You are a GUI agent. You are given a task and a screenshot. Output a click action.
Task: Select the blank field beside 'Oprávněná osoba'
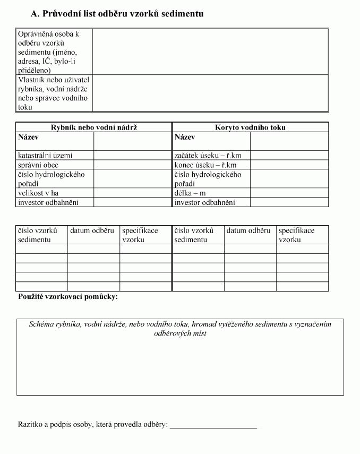(x=210, y=52)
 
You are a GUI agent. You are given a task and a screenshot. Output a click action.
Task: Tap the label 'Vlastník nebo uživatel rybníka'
(x=53, y=93)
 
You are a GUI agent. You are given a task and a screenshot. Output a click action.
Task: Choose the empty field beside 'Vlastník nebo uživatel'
(x=210, y=93)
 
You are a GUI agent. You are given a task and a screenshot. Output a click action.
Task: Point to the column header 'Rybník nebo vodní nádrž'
(x=94, y=127)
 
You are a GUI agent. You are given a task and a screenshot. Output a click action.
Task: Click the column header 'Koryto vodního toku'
(x=250, y=127)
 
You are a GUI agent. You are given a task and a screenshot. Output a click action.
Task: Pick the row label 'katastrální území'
(x=45, y=156)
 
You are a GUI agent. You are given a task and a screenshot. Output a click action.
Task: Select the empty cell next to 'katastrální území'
(x=133, y=156)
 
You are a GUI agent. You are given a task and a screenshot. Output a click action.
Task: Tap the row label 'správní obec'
(x=38, y=165)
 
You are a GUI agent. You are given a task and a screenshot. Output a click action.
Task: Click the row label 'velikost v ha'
(x=38, y=193)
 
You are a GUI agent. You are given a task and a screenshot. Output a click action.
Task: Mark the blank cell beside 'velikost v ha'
(x=133, y=193)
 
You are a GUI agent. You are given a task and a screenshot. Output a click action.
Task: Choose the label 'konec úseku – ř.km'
(x=205, y=165)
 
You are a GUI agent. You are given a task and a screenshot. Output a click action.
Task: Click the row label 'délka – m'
(x=190, y=193)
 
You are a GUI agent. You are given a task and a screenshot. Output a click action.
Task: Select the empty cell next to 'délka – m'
(x=289, y=193)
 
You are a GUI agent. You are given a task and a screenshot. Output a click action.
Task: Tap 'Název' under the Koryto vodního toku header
(x=185, y=137)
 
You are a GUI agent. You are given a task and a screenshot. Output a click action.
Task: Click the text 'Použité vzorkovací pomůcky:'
(x=68, y=296)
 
